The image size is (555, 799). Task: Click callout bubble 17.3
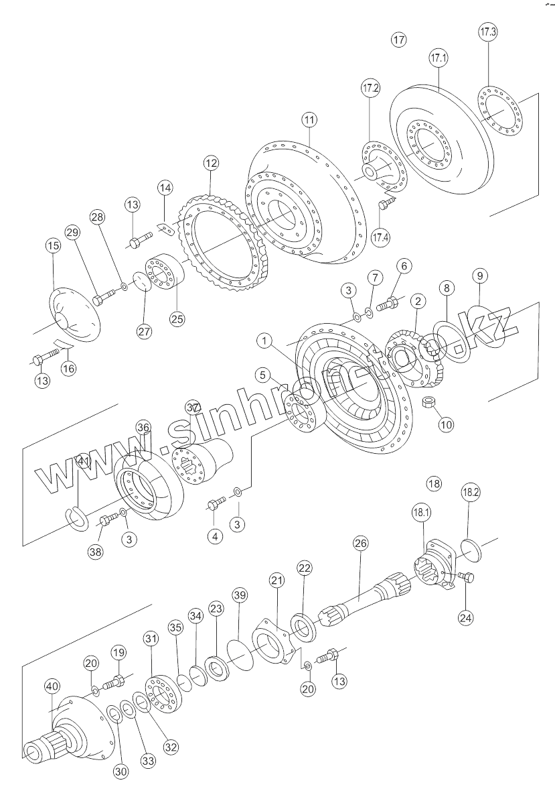(488, 32)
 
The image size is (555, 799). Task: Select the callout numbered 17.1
(438, 59)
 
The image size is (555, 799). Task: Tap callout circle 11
(309, 120)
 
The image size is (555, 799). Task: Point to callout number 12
(212, 162)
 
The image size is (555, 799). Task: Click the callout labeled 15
(53, 246)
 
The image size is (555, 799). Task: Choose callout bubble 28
(98, 218)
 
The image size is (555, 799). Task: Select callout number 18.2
(471, 492)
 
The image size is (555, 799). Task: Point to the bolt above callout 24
(466, 576)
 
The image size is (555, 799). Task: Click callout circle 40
(52, 686)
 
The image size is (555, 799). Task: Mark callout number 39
(240, 595)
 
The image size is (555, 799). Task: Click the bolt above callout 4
(216, 503)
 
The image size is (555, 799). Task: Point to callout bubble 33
(147, 761)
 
